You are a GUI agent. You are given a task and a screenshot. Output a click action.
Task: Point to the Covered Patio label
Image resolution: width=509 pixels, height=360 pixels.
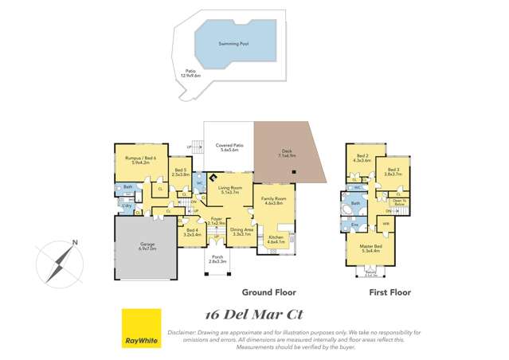click(x=229, y=147)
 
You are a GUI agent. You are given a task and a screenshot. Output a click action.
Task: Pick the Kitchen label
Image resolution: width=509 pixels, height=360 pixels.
click(x=276, y=239)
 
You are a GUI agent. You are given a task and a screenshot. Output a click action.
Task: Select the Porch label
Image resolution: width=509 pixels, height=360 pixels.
click(x=218, y=259)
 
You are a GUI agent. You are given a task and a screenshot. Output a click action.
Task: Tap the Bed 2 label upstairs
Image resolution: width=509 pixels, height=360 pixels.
click(x=362, y=158)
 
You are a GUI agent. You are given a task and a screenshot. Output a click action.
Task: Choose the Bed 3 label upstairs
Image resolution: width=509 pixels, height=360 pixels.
click(x=393, y=171)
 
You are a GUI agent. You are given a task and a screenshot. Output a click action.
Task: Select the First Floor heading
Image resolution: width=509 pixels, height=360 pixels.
click(x=390, y=293)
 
